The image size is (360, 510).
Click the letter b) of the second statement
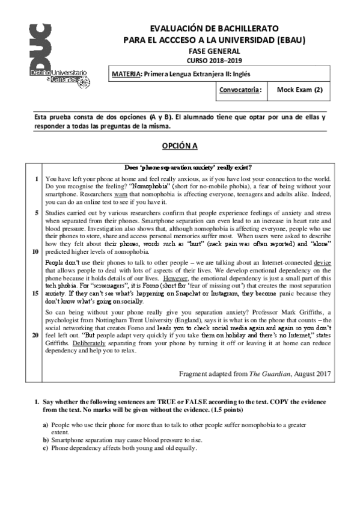(46, 440)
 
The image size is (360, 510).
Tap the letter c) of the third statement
(46, 448)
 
